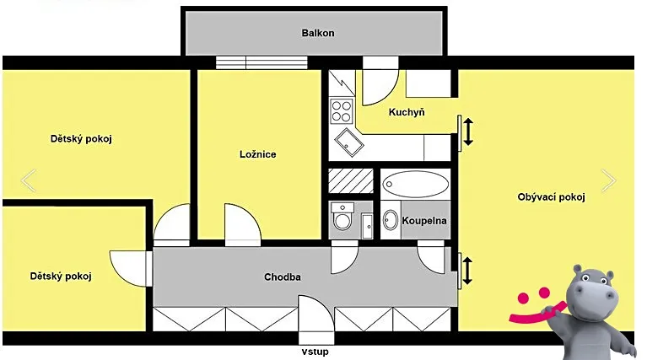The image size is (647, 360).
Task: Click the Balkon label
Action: point(318,33)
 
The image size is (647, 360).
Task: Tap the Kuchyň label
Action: point(407,112)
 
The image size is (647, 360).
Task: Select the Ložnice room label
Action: point(258,154)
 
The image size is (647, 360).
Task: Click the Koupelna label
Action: point(424,221)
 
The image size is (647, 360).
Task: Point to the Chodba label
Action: point(283,277)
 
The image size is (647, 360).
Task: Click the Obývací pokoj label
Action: point(552,197)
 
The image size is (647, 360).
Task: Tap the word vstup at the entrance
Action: point(315,352)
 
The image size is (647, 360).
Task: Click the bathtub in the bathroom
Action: point(416,184)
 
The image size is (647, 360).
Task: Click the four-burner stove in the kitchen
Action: point(342,110)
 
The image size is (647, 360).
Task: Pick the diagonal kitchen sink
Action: point(348,142)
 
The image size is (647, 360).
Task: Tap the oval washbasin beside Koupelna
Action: point(391,220)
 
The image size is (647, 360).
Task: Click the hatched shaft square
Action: point(351,180)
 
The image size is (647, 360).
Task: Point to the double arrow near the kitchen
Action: point(468,132)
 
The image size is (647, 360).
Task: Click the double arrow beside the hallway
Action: point(467,271)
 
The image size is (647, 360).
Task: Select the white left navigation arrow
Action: point(29,180)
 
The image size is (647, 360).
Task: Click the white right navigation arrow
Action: point(609,180)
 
